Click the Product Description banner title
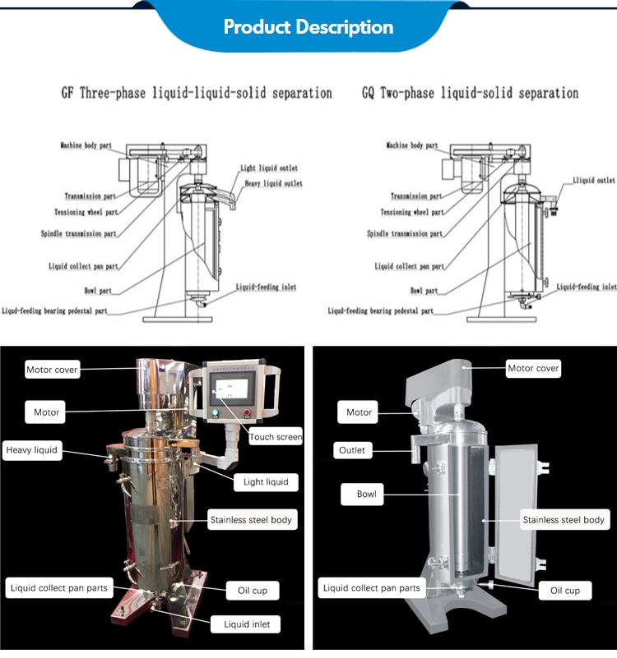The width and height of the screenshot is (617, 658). [308, 27]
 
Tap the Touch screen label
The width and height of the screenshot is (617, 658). [276, 437]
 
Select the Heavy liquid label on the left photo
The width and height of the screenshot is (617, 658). [32, 450]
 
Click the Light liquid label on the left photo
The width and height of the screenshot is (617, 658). [266, 481]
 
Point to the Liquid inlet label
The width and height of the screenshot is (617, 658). [252, 625]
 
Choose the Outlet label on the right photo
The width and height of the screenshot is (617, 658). [351, 450]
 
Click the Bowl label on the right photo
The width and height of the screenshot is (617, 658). [367, 494]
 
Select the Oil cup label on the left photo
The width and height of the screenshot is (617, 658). [253, 590]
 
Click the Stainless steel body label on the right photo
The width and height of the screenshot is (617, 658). [564, 519]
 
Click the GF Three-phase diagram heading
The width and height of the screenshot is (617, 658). [197, 93]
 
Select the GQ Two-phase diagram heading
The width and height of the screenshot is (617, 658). [470, 93]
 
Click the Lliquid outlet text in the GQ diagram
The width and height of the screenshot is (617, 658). [593, 180]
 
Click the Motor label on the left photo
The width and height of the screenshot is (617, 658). [46, 412]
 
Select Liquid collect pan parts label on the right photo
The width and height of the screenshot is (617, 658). [371, 588]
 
